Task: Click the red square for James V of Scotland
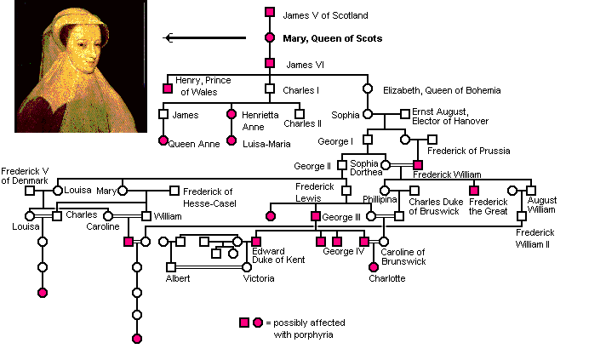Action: pos(270,12)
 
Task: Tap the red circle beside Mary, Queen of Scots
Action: pos(270,37)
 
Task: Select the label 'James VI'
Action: pos(302,63)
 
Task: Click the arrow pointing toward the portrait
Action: pos(204,37)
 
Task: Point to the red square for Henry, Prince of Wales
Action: pos(168,88)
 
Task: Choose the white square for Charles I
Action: pos(270,88)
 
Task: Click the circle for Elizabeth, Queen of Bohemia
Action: pos(369,88)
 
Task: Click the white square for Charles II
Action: pos(299,113)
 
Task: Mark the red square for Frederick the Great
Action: pos(474,191)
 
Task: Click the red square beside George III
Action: pos(315,216)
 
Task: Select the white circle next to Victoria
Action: pos(247,267)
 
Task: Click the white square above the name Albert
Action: pos(171,267)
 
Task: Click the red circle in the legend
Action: pos(257,323)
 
